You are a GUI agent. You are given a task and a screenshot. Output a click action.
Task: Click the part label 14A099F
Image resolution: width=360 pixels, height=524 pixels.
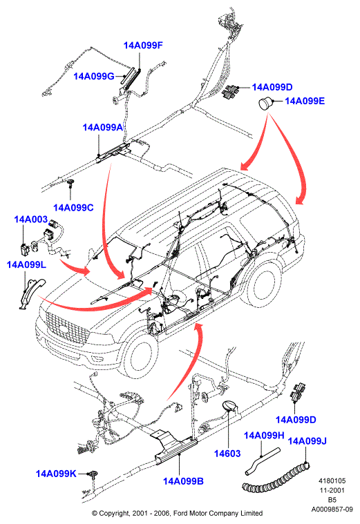(x=143, y=46)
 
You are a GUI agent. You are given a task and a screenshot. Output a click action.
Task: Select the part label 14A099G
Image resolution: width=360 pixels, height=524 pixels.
(x=94, y=76)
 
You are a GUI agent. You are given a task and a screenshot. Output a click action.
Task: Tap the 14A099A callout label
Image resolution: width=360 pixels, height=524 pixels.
(x=103, y=127)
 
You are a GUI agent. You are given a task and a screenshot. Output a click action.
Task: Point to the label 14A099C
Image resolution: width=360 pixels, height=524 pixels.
(x=74, y=208)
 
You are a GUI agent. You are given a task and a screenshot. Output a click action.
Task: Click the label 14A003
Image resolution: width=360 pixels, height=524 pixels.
(x=31, y=220)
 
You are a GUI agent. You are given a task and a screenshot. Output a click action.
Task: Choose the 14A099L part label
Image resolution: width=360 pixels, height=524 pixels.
(x=26, y=264)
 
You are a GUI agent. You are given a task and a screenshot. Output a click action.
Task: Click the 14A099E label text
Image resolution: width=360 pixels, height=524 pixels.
(x=305, y=101)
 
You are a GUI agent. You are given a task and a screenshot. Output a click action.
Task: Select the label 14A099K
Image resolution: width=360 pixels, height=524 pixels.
(x=56, y=474)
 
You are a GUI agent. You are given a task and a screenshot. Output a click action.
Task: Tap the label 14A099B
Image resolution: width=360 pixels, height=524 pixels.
(x=183, y=481)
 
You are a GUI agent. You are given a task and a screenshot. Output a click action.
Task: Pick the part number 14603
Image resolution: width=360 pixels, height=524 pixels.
(x=227, y=454)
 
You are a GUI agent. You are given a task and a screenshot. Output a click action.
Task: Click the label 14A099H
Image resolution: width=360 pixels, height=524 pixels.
(x=264, y=436)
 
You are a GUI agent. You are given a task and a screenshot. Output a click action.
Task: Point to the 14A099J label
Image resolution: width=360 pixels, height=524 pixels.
(x=307, y=441)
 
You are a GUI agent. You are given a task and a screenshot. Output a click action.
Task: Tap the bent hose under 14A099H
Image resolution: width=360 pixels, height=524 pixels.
(x=262, y=461)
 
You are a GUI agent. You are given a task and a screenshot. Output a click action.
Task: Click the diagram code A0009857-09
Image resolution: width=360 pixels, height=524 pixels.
(x=332, y=510)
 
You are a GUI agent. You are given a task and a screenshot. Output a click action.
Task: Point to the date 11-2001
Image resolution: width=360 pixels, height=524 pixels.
(x=332, y=490)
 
